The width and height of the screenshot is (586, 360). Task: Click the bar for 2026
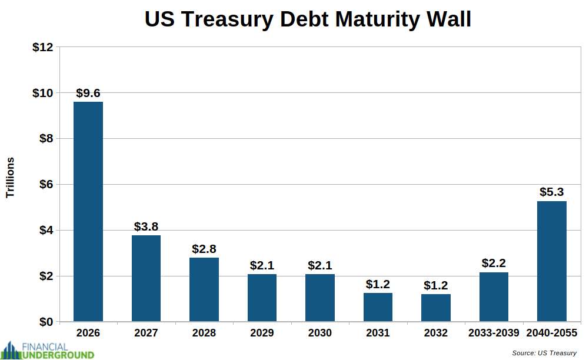pyautogui.click(x=88, y=212)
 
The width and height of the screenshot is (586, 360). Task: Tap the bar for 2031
pyautogui.click(x=378, y=307)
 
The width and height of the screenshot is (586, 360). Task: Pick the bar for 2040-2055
pyautogui.click(x=552, y=261)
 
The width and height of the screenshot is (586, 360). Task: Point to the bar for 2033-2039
pyautogui.click(x=494, y=296)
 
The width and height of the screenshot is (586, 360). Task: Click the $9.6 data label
pyautogui.click(x=88, y=93)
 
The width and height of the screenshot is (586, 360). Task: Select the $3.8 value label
pyautogui.click(x=146, y=226)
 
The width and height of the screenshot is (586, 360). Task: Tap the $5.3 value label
pyautogui.click(x=552, y=192)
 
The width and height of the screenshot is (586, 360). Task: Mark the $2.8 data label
pyautogui.click(x=204, y=249)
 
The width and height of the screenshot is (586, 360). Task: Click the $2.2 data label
pyautogui.click(x=494, y=263)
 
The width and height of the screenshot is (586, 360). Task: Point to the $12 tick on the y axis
pyautogui.click(x=42, y=47)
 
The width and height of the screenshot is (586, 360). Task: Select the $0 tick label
pyautogui.click(x=46, y=322)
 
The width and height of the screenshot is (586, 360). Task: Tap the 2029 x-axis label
pyautogui.click(x=262, y=333)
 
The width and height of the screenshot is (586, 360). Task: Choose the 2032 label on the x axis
pyautogui.click(x=436, y=333)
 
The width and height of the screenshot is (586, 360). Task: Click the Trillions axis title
pyautogui.click(x=10, y=177)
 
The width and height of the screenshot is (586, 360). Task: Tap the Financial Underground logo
pyautogui.click(x=48, y=350)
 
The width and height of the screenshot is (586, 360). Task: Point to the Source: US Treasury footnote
pyautogui.click(x=544, y=353)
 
